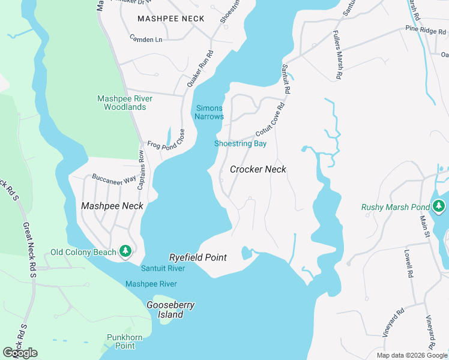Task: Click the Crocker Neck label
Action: pyautogui.click(x=258, y=170)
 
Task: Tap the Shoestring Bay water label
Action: pyautogui.click(x=240, y=143)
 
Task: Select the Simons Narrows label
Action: pyautogui.click(x=209, y=112)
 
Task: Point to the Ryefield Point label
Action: pyautogui.click(x=198, y=257)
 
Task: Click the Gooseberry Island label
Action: pyautogui.click(x=171, y=310)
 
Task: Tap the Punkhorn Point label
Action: pyautogui.click(x=125, y=341)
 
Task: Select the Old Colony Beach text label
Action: pyautogui.click(x=83, y=252)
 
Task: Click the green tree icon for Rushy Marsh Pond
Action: pyautogui.click(x=439, y=206)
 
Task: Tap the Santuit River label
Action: pyautogui.click(x=163, y=268)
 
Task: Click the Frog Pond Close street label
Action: pyautogui.click(x=165, y=145)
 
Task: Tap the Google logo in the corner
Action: pyautogui.click(x=20, y=353)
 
